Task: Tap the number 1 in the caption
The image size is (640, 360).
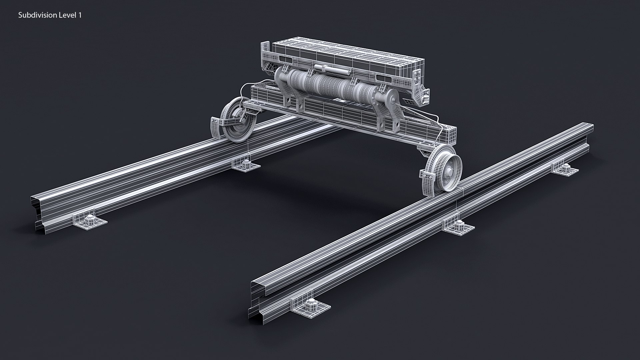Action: pos(80,15)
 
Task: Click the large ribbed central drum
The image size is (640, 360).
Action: pos(327,87)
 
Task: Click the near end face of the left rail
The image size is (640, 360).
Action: pos(38,213)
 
